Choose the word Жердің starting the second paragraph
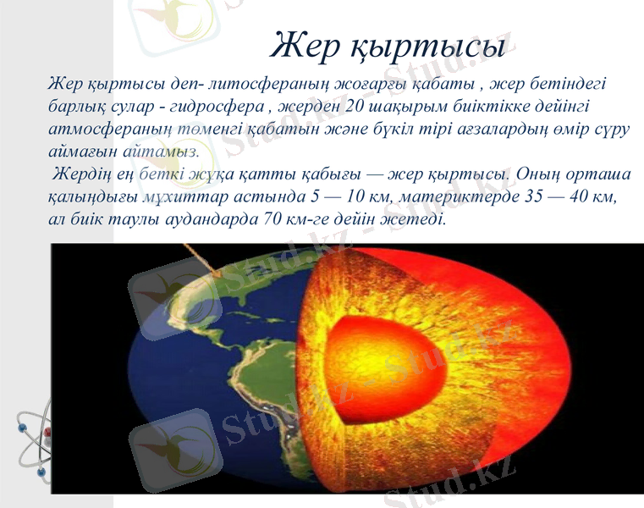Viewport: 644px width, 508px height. [x=80, y=174]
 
